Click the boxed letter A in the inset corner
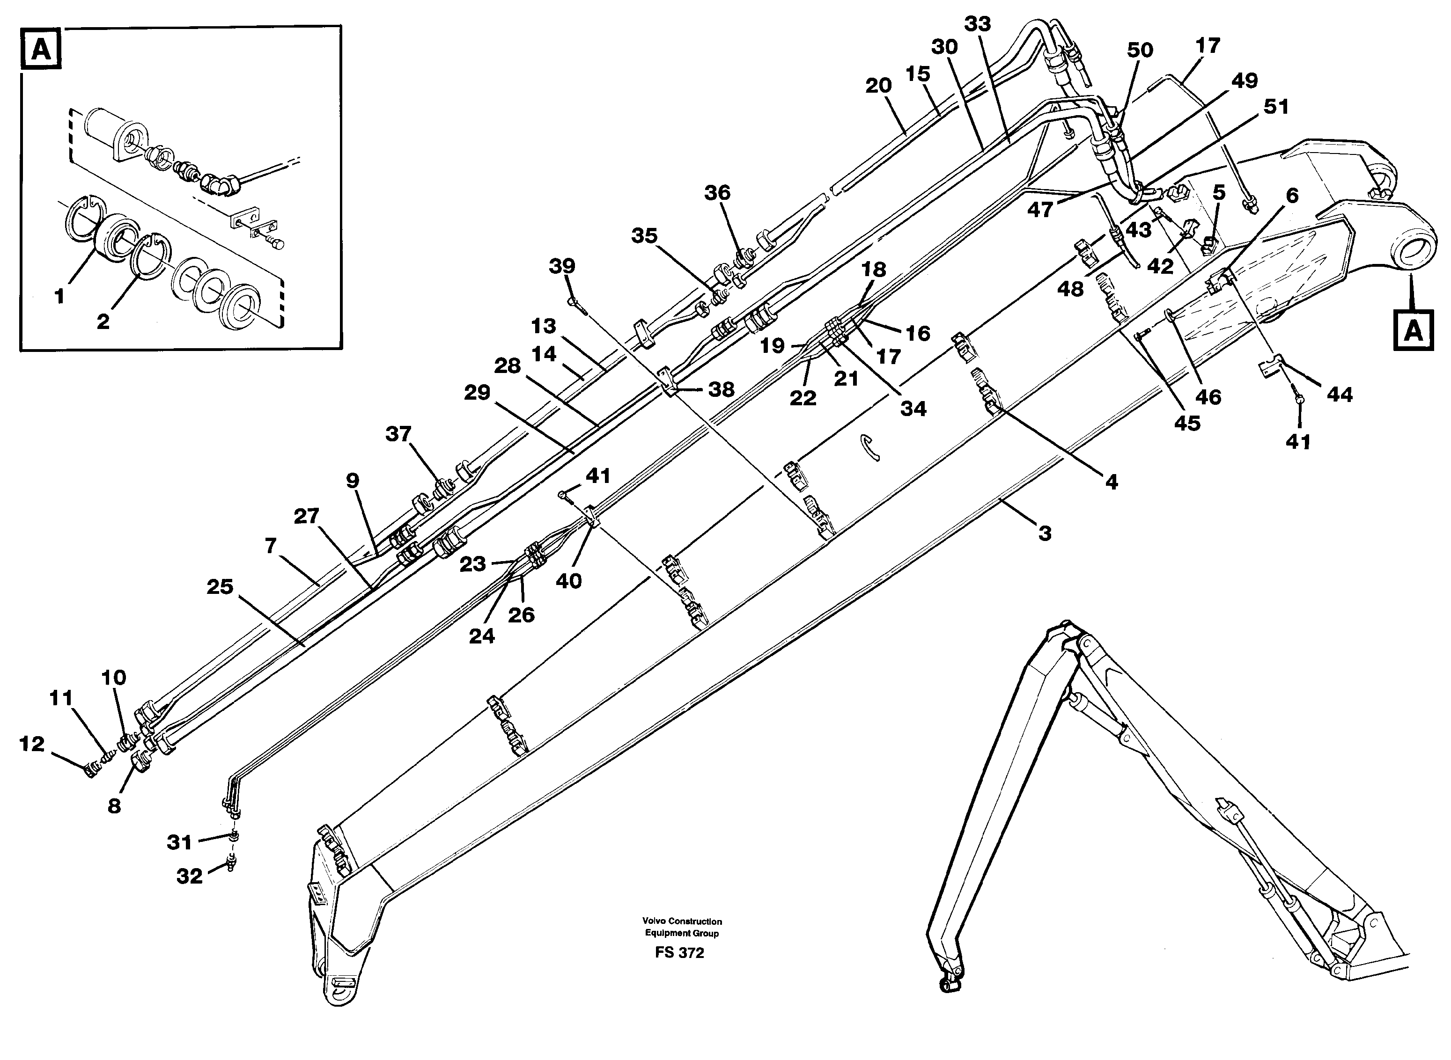(x=41, y=48)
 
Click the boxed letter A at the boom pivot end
(x=1413, y=331)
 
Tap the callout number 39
(x=562, y=266)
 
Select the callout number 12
(x=32, y=744)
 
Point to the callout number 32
(x=190, y=876)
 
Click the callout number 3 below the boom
(x=1045, y=533)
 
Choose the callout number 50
(x=1140, y=50)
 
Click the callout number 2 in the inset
(x=103, y=322)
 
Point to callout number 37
(x=398, y=434)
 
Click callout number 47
(x=1040, y=209)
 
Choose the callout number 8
(x=114, y=806)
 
